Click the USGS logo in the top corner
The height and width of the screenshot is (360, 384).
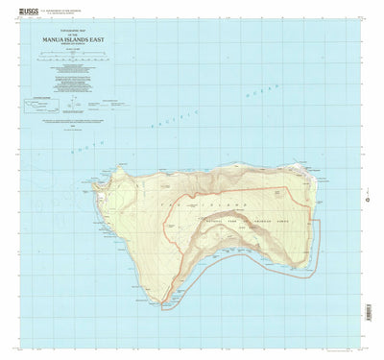21,6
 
